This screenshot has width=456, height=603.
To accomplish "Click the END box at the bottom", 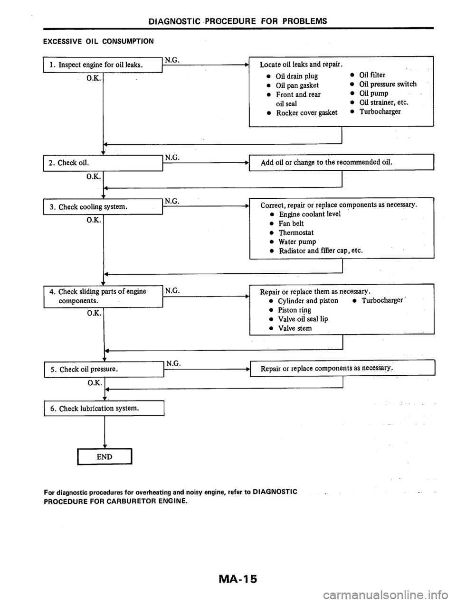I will (x=104, y=456).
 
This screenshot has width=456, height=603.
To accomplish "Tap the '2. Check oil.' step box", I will (x=103, y=163).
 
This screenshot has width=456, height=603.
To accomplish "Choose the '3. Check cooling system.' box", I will (x=103, y=206).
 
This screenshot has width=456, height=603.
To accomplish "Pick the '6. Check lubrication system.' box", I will (x=103, y=408).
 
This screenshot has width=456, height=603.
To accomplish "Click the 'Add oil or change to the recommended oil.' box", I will (x=342, y=163).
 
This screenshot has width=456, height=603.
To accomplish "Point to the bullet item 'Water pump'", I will (x=297, y=241).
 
